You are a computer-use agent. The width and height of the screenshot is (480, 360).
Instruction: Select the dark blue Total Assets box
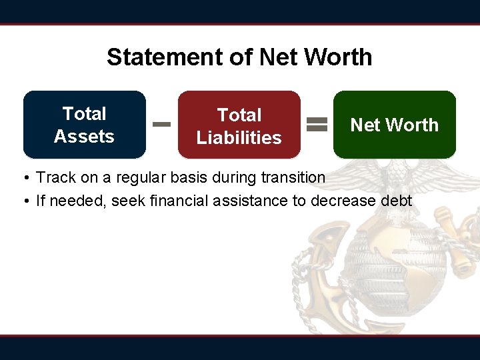pos(85,125)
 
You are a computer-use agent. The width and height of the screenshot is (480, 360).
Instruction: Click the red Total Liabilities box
pos(239,125)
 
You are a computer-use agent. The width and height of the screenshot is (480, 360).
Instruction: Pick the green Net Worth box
pos(395,125)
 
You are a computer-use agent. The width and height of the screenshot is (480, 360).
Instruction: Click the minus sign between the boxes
pos(162,124)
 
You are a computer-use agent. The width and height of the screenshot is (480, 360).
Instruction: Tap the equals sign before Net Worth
pos(317,124)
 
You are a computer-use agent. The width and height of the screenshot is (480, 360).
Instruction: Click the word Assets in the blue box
pos(84,137)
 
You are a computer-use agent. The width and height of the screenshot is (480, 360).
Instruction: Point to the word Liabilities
pos(239,138)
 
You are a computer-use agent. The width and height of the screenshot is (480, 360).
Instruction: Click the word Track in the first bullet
pos(55,178)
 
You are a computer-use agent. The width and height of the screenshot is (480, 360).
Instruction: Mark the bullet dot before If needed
pos(24,201)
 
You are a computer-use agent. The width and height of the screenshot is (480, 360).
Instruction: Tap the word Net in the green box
pos(364,125)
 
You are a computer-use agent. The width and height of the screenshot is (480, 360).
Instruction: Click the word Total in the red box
pos(239,115)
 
